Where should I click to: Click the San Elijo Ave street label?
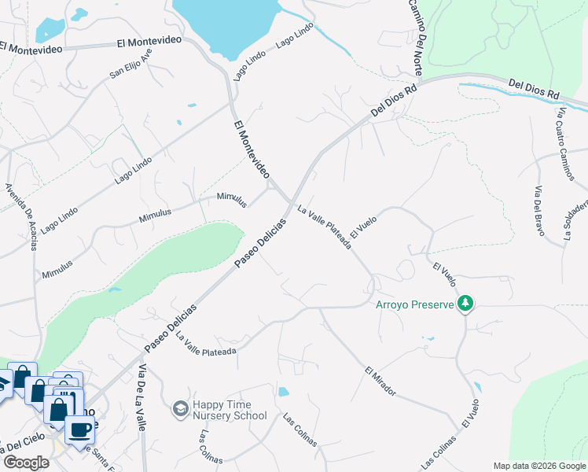click(x=130, y=63)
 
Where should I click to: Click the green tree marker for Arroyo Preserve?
click(x=466, y=303)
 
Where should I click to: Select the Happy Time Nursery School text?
click(x=230, y=409)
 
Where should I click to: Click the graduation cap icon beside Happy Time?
click(x=180, y=408)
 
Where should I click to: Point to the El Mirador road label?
click(x=380, y=381)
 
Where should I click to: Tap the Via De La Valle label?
click(x=142, y=398)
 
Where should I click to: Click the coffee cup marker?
click(x=79, y=430)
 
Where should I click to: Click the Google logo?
click(x=26, y=462)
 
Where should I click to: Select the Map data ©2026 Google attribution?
click(x=538, y=466)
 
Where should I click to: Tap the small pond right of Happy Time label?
click(x=284, y=391)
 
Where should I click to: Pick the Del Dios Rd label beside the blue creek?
click(x=534, y=87)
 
